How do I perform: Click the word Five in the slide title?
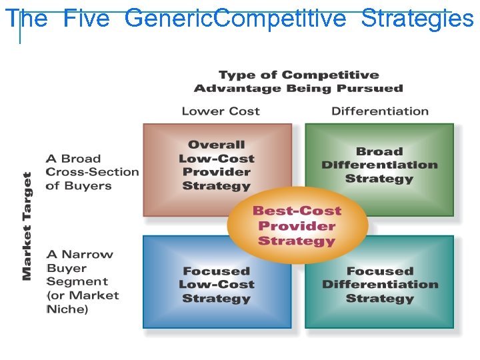pos(87,19)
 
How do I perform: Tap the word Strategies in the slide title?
pos(417,19)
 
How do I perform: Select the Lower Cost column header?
pos(221,111)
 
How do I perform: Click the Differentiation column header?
pos(380,111)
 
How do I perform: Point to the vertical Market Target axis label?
pos(27,226)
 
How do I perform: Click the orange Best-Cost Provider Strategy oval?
pos(297,225)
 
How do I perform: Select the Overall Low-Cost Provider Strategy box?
pos(217,167)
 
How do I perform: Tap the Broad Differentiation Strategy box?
pos(379,167)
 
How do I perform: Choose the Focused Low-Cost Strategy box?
pos(217,283)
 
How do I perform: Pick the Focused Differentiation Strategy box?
pos(379,283)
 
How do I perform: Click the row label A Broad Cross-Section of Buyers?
pos(92,172)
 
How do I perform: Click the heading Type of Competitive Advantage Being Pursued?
pos(299,81)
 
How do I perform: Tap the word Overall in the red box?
pos(217,145)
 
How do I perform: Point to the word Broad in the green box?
pos(379,152)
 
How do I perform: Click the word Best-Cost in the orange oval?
pos(297,211)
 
